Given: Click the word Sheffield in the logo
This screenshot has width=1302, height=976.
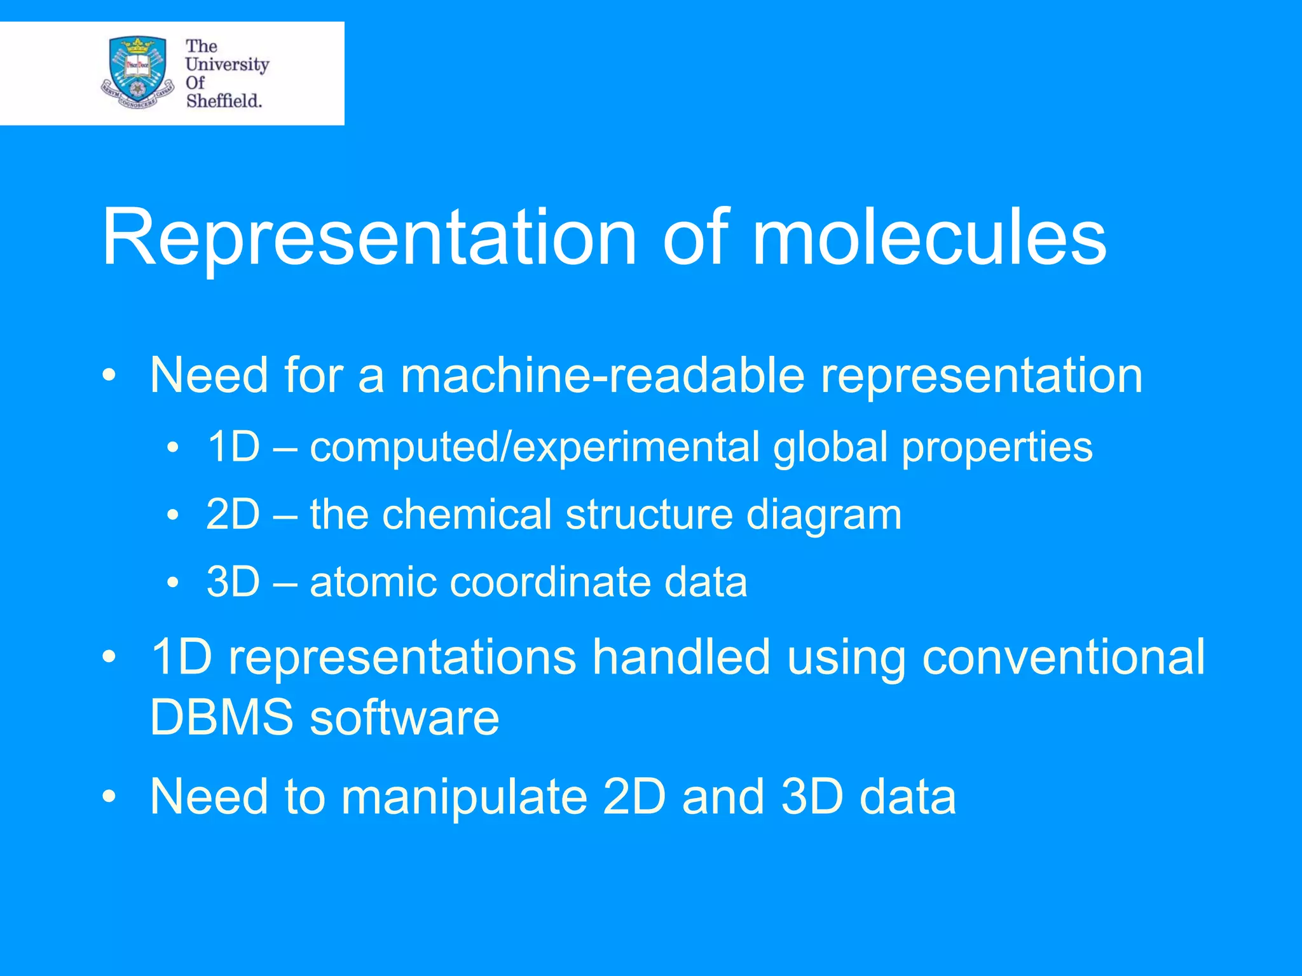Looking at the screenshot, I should tap(224, 100).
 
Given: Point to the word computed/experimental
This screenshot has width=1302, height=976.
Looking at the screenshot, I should tap(534, 447).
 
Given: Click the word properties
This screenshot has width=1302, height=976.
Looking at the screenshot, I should tap(997, 447).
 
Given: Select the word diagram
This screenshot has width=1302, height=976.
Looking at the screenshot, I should tap(824, 515).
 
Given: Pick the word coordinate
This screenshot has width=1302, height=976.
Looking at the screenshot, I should tap(550, 582).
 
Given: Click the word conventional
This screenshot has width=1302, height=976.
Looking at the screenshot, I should tap(1063, 657).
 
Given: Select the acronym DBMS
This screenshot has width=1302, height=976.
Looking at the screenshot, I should tap(221, 718).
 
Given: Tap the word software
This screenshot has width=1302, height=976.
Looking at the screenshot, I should tap(404, 718).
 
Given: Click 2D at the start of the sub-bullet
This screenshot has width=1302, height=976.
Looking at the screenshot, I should tap(233, 515).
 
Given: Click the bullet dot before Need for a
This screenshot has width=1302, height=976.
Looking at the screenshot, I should tap(109, 377).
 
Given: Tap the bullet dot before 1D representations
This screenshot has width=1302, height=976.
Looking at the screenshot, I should tap(109, 658).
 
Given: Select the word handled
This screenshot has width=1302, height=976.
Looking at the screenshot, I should tap(681, 657).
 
